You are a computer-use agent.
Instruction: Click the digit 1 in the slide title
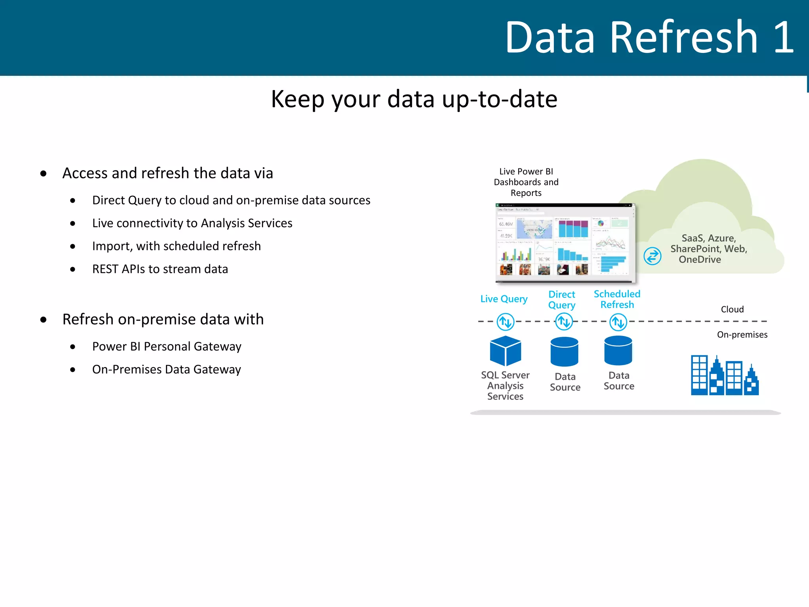coord(783,38)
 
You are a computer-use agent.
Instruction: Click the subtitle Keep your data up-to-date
coord(414,99)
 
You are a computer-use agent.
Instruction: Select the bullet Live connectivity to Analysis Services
coord(192,223)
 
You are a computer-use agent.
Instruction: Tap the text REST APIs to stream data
coord(160,269)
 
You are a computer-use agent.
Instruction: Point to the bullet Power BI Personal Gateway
coord(166,347)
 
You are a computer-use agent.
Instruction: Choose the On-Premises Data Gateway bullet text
coord(166,369)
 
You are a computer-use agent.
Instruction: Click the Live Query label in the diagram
coord(504,299)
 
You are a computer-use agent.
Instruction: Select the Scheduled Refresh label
coord(617,300)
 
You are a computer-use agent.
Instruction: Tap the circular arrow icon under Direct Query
coord(564,322)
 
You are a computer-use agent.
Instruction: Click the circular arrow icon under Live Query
coord(505,322)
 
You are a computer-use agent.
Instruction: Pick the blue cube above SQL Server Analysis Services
coord(505,351)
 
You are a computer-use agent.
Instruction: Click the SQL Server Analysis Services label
coord(505,386)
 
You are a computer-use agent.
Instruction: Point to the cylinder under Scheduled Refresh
coord(618,351)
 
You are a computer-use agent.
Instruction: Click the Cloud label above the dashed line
coord(732,309)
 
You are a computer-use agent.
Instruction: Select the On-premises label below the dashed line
coord(742,335)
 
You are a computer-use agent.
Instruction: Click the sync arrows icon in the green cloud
coord(652,256)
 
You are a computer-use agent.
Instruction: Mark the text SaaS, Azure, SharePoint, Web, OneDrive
coord(708,249)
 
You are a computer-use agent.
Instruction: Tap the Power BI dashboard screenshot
coord(565,243)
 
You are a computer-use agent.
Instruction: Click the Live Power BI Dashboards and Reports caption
coord(526,182)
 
